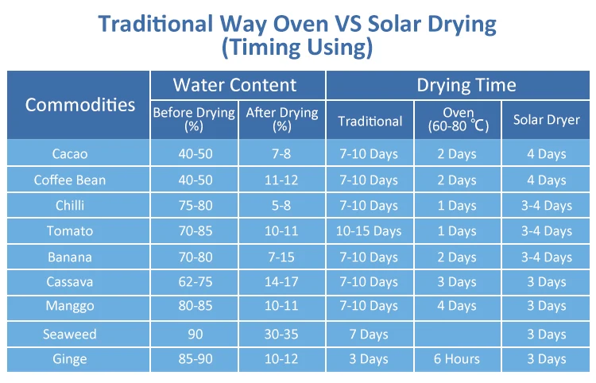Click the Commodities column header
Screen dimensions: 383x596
[79, 104]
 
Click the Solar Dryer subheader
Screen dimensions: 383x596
[546, 121]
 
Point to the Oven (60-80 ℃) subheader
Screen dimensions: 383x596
[457, 120]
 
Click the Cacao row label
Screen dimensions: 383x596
[70, 153]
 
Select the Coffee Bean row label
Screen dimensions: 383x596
[70, 180]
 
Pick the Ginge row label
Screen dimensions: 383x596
[70, 359]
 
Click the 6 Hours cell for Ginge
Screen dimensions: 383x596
[457, 359]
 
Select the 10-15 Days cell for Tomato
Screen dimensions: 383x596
[369, 231]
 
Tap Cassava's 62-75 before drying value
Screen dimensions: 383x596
[194, 282]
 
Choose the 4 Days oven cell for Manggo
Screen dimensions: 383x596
[457, 308]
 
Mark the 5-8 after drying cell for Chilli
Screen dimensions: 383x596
[281, 206]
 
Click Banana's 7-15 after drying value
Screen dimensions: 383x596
[281, 257]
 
